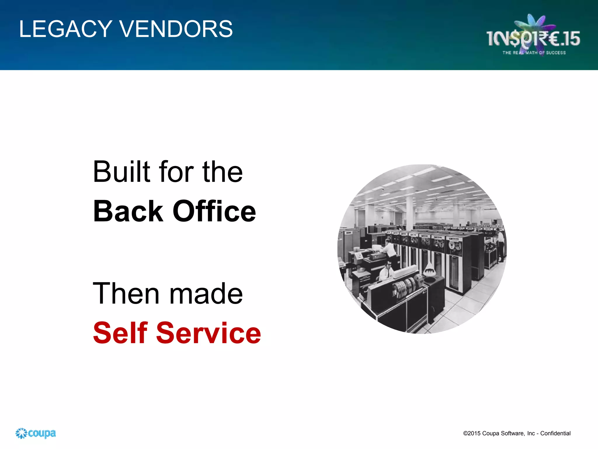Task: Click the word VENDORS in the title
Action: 176,29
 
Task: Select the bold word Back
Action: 128,211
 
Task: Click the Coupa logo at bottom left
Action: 36,433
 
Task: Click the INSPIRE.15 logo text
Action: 533,39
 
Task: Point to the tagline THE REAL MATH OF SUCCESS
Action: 534,53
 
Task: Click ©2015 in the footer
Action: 472,433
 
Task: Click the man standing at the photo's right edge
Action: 500,244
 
